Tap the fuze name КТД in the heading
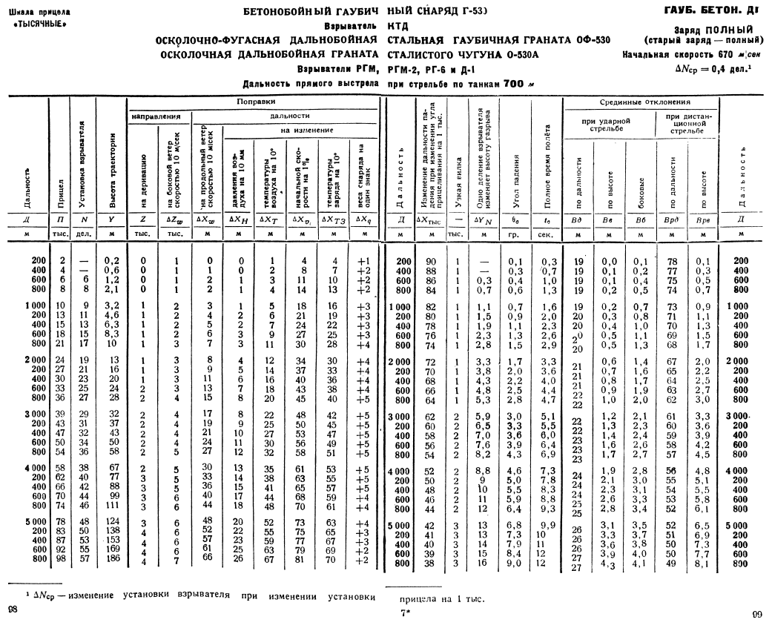tap(398, 27)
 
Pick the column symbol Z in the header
tap(143, 219)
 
